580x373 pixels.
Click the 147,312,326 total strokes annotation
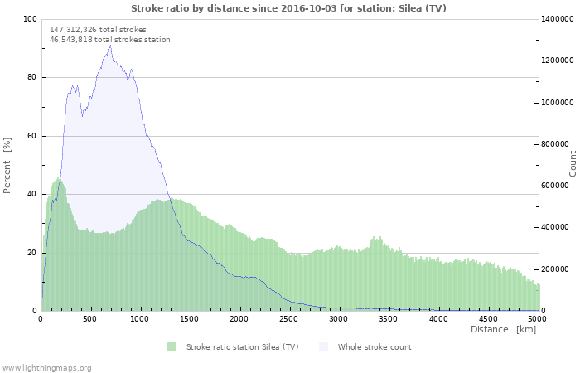click(x=98, y=29)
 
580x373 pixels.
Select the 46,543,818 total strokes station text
click(x=109, y=39)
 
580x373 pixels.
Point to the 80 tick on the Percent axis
click(x=31, y=78)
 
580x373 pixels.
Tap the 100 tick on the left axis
click(x=29, y=19)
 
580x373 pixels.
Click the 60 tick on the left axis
click(x=31, y=136)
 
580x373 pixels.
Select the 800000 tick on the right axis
click(x=558, y=144)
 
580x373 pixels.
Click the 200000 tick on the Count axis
click(x=558, y=269)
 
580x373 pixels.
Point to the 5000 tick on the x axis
click(x=537, y=318)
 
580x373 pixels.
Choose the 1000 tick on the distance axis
click(x=140, y=318)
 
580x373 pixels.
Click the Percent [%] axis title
click(x=7, y=165)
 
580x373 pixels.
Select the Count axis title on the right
click(x=573, y=163)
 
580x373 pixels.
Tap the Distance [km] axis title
click(x=503, y=330)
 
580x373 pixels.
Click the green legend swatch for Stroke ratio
click(x=172, y=346)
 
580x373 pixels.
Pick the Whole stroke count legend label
click(x=374, y=346)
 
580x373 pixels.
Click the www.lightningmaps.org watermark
click(x=46, y=367)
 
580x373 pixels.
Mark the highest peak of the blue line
click(x=109, y=46)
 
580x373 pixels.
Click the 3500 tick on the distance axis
click(x=389, y=318)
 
